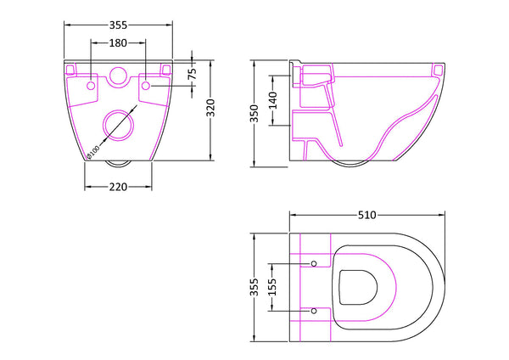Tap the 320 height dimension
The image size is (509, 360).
pos(220,109)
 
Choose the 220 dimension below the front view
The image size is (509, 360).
pos(117,187)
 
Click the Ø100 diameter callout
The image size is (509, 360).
pos(92,151)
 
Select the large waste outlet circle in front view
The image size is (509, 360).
pos(117,126)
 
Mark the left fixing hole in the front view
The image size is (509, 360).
pos(90,85)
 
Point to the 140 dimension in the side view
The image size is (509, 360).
pos(273,101)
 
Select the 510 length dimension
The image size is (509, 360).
pos(366,215)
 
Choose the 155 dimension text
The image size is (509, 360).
pos(273,288)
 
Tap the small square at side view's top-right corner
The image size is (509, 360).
pos(438,69)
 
